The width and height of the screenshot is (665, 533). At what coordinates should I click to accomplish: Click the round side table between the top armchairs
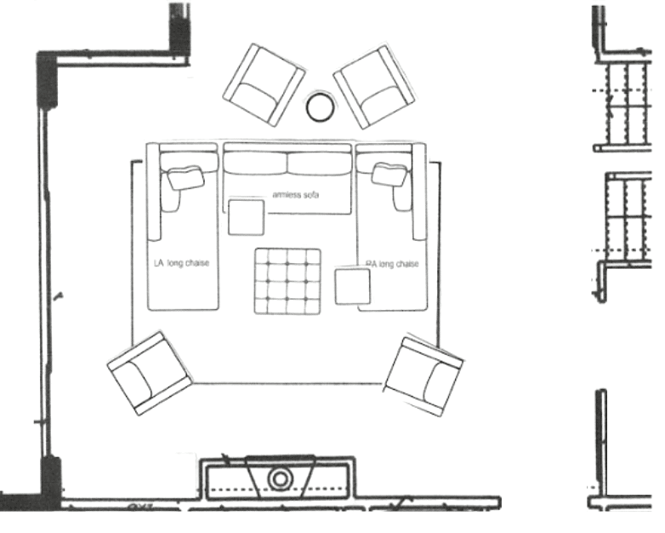pos(321,106)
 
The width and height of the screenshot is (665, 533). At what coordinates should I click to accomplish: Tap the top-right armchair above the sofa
pos(374,85)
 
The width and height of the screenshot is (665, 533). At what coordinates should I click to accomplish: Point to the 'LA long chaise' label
pos(181,263)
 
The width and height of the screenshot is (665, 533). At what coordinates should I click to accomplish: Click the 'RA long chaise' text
pos(392,264)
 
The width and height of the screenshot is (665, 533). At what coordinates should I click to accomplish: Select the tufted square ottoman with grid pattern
pos(287,281)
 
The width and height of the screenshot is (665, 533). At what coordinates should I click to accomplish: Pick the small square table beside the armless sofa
pos(246,216)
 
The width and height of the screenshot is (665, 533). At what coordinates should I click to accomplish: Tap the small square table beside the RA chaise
pos(352,286)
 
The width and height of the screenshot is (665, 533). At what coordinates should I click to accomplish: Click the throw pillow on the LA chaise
pos(185,177)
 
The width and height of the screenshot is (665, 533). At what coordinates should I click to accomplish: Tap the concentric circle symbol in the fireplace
pos(280,479)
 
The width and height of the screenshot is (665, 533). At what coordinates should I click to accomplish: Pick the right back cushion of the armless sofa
pos(320,163)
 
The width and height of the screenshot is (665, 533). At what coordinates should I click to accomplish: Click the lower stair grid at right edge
pos(627,219)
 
